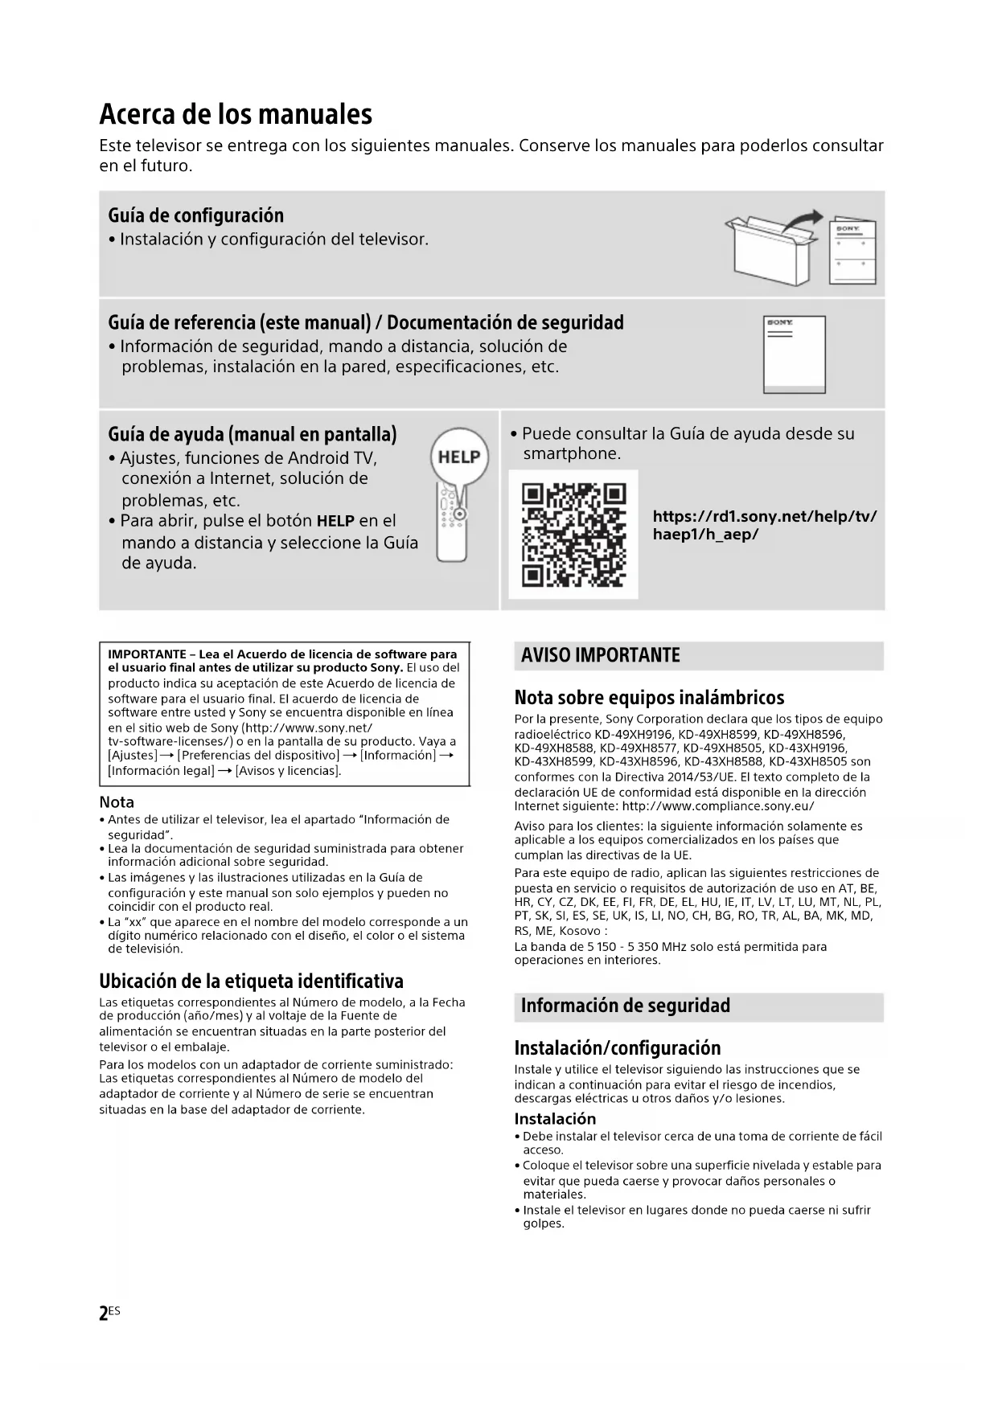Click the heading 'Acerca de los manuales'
coord(236,114)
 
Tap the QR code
coord(573,534)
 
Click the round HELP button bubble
coord(459,457)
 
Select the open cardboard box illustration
coord(768,248)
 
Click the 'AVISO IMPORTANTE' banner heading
coord(600,655)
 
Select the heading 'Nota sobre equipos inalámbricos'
coord(649,697)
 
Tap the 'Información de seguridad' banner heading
coord(625,1006)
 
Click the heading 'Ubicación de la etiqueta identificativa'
coord(251,981)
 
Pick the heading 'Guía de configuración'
coord(195,215)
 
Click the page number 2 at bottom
coord(104,1314)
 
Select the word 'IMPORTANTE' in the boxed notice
coord(147,654)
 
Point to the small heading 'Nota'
coord(117,801)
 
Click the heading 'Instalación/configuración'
coord(617,1047)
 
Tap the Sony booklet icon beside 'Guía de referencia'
coord(794,355)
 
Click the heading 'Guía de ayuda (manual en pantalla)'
coord(252,434)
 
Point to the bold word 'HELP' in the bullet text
coord(335,521)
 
